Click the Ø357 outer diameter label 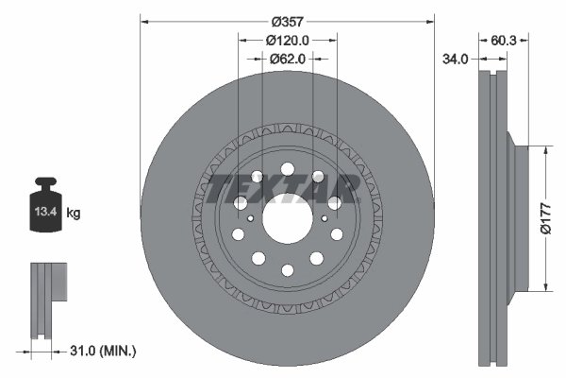287,21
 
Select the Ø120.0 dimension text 288,40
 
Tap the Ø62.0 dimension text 288,59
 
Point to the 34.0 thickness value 456,59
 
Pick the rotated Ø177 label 556,218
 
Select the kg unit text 73,214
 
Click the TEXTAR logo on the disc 284,188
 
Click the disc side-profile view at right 494,217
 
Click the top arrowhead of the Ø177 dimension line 546,149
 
